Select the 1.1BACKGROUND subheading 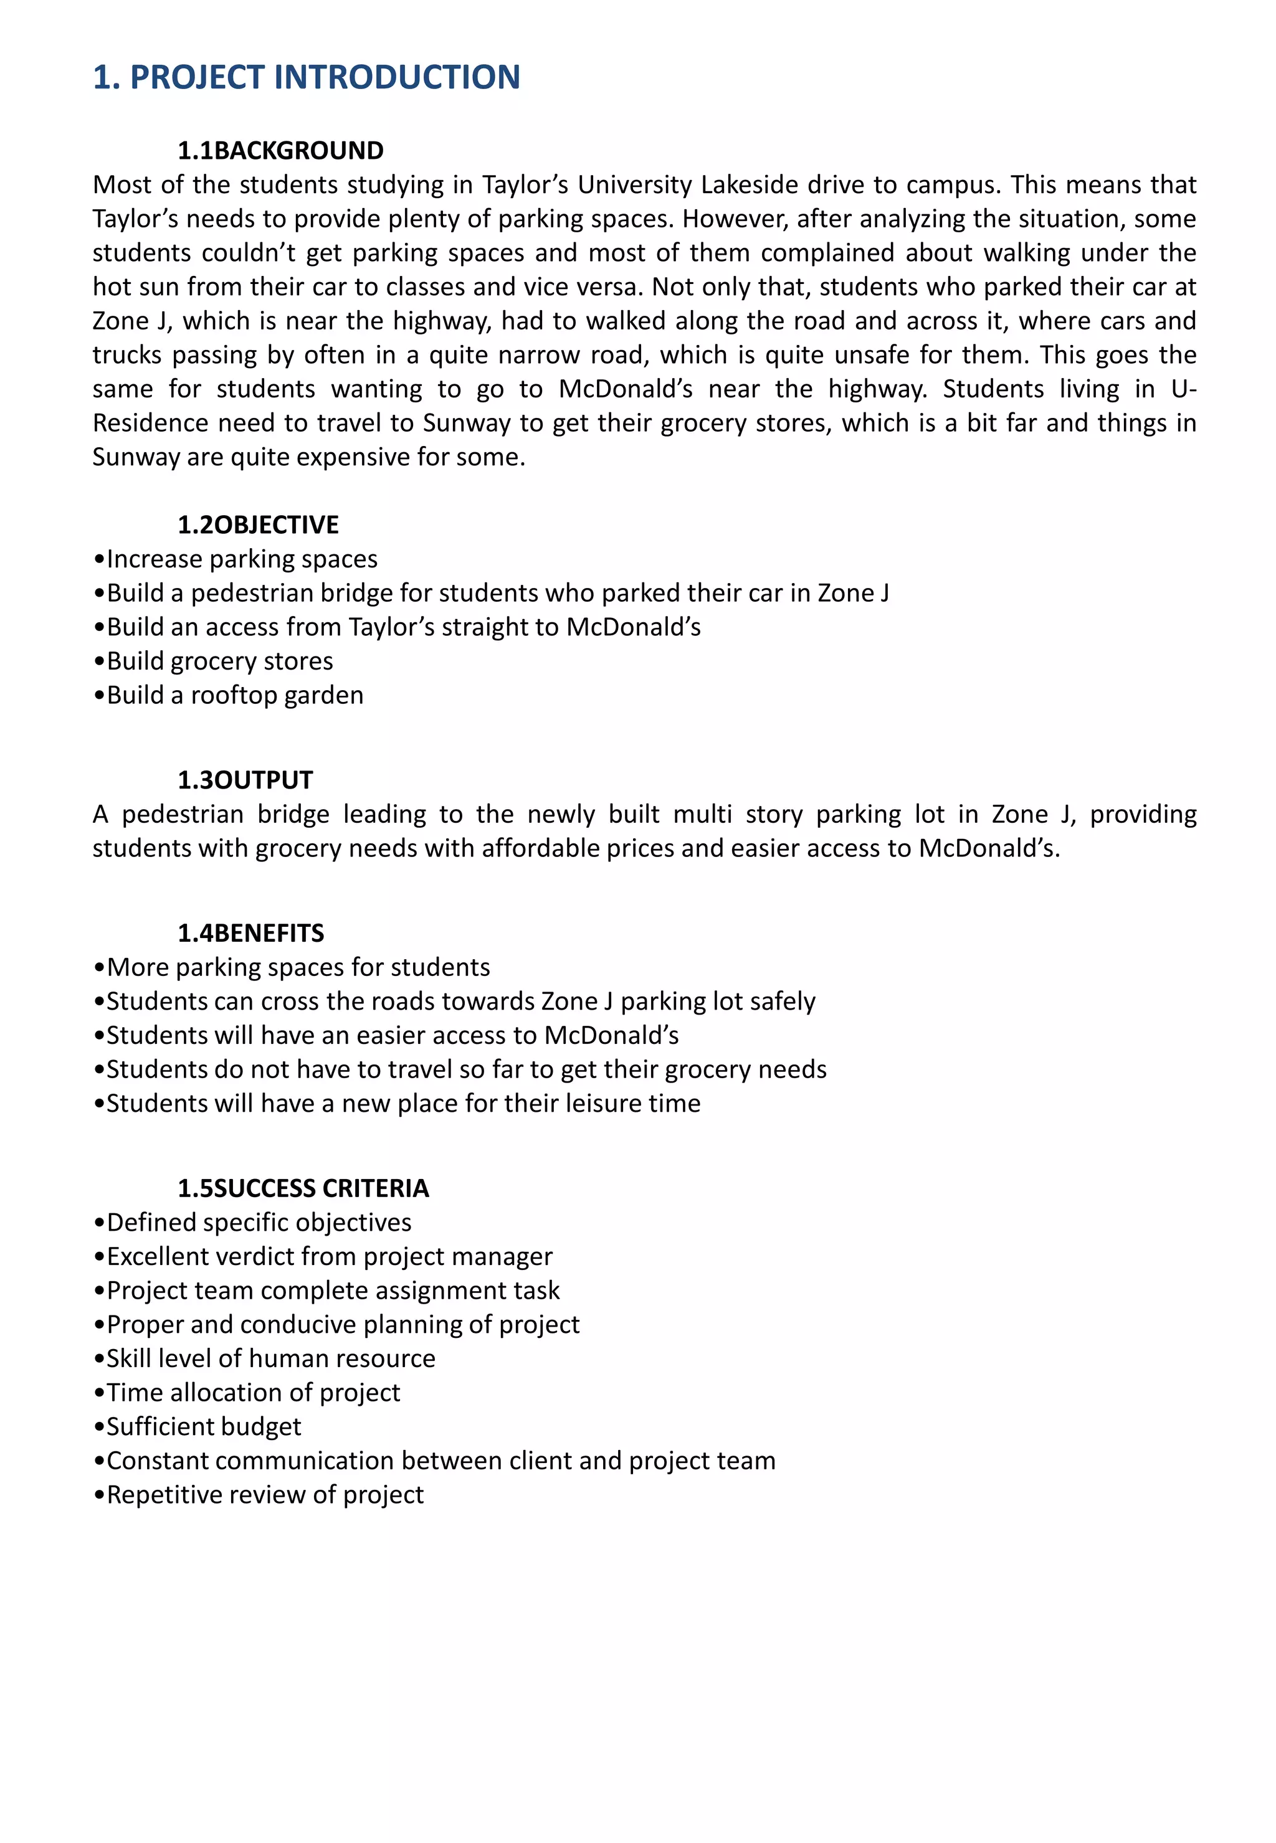(280, 150)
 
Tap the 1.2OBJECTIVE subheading (257, 524)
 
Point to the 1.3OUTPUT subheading (245, 779)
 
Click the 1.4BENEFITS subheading (250, 932)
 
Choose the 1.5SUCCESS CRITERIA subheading (303, 1188)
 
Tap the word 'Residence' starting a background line (148, 423)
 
